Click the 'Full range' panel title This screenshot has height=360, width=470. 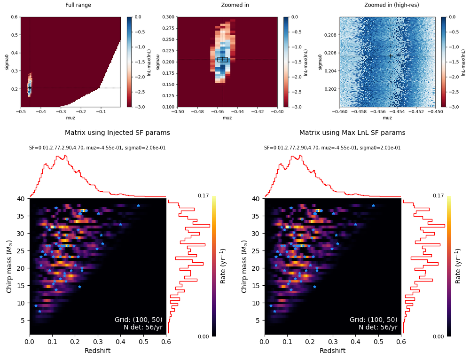(78, 5)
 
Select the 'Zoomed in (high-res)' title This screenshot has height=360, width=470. (392, 5)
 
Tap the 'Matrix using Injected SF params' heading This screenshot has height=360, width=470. (117, 133)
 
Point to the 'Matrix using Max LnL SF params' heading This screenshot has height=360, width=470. (352, 133)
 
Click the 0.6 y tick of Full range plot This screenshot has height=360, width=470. (15, 17)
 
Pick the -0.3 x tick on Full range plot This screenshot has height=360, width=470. (61, 111)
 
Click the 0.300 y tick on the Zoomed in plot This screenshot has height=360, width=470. (168, 17)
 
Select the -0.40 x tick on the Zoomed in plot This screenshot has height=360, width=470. (277, 111)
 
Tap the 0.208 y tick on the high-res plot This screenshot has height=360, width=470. (330, 35)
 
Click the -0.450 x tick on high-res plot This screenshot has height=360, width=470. (435, 111)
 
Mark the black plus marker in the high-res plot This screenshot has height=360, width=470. (391, 56)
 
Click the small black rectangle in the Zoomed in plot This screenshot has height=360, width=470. (223, 60)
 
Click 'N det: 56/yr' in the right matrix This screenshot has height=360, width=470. (378, 327)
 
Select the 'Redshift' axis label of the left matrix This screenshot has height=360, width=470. (97, 351)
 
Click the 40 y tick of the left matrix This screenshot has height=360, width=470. (21, 199)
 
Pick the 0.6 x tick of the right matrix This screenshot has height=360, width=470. (401, 342)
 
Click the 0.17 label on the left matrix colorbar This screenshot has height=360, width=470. (203, 196)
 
